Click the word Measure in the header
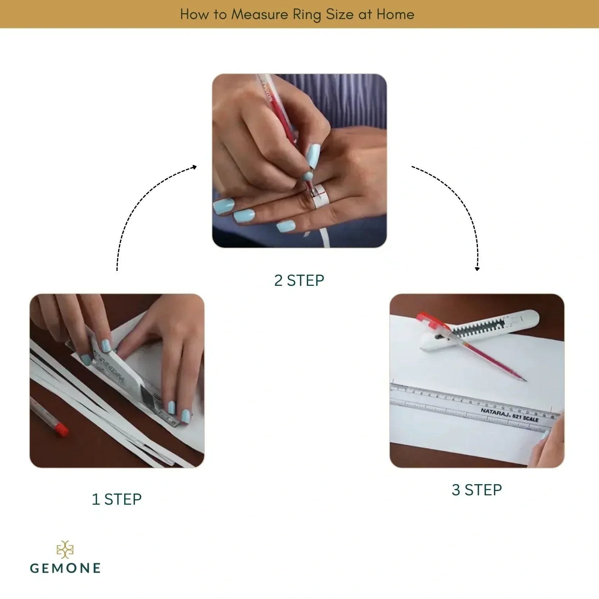tap(259, 14)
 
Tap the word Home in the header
tap(395, 14)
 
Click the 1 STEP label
tap(117, 499)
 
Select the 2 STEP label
tap(299, 280)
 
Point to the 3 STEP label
tap(477, 490)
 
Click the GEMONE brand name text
tap(66, 568)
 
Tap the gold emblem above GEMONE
tap(65, 549)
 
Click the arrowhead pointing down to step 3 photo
tap(477, 269)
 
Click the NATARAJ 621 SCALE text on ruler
tap(509, 415)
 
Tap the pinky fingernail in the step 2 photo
tap(286, 226)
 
